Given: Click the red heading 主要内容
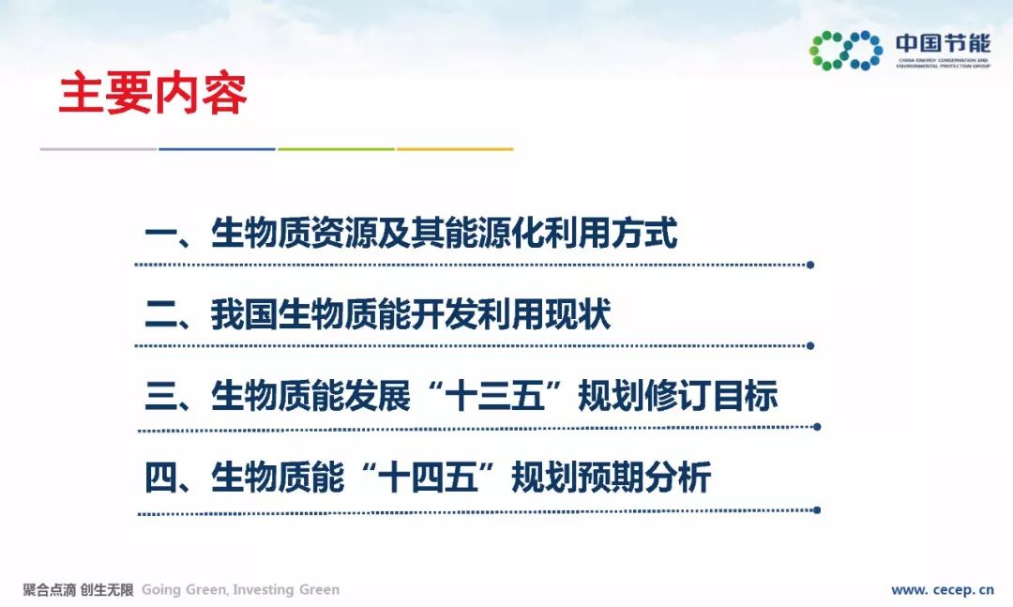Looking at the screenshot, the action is [153, 94].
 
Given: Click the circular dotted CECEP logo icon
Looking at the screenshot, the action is [846, 50].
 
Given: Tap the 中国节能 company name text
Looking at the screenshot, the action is [943, 43].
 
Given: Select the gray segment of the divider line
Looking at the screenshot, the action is [98, 149].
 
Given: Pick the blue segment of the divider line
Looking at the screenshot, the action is [217, 149].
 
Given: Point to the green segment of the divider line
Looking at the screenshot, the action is [336, 149].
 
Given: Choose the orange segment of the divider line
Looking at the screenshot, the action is [455, 149].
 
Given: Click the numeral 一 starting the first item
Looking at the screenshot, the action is [161, 234].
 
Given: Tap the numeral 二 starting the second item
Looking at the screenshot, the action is [161, 314].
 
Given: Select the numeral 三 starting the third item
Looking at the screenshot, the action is [161, 396].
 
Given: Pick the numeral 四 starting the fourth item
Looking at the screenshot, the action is [161, 478].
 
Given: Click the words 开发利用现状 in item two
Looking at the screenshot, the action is [510, 314].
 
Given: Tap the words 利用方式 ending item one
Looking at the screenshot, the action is [612, 233].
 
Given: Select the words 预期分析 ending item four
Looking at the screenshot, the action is [644, 478].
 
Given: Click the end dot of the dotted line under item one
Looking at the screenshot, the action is [810, 265].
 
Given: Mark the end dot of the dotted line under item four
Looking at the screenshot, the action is [817, 510].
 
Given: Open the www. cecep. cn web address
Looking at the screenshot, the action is [942, 589].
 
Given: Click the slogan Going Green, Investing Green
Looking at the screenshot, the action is [240, 589].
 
